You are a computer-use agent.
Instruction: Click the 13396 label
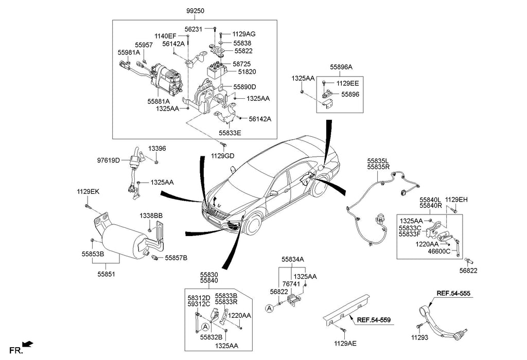tap(157, 149)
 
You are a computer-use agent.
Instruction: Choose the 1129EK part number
tap(88, 192)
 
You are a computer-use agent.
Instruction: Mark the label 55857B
tap(176, 257)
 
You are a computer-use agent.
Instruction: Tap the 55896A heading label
tap(341, 67)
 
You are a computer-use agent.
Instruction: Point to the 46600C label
tap(439, 251)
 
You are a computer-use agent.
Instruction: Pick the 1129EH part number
tap(456, 199)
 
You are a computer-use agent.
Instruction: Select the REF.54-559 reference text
tap(374, 320)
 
